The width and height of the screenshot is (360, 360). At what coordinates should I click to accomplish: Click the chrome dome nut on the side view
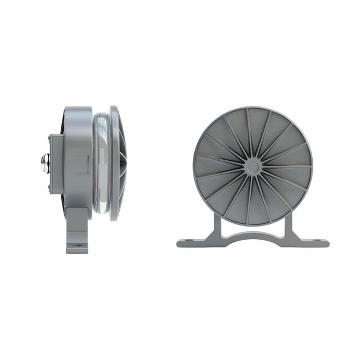tap(45, 163)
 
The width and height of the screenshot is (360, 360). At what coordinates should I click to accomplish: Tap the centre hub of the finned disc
tap(253, 166)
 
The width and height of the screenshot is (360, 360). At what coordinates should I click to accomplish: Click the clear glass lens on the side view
tap(102, 163)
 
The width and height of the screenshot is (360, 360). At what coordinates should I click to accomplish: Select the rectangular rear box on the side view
tap(56, 163)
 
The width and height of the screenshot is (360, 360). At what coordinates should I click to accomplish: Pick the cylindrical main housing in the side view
tap(79, 157)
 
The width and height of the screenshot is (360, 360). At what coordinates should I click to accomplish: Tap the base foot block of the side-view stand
tap(77, 246)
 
